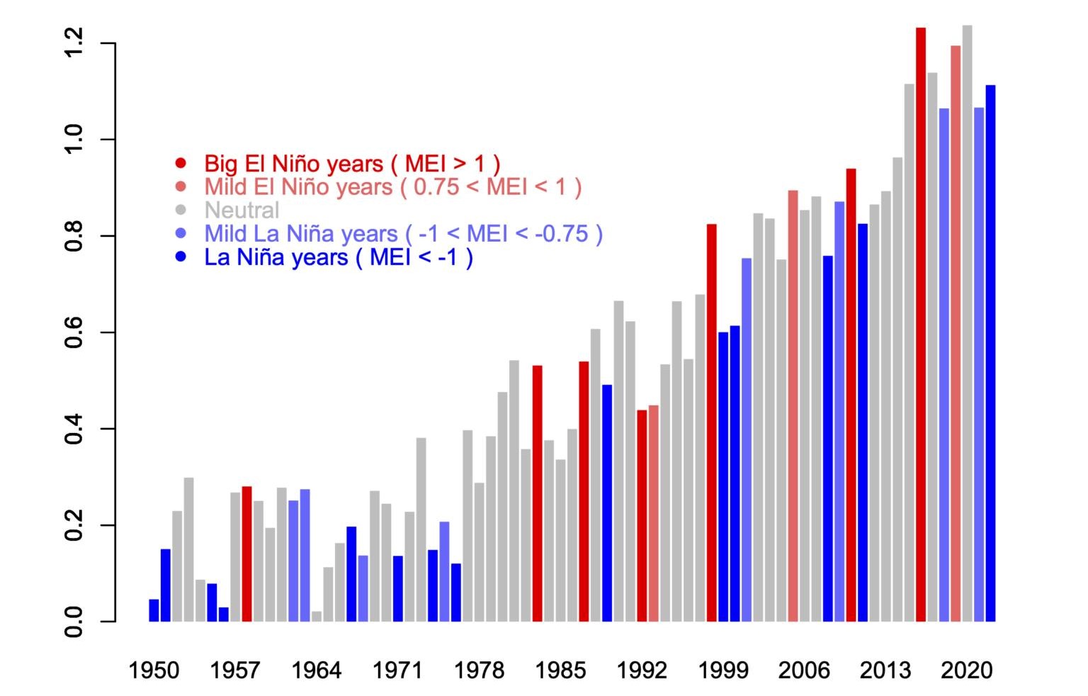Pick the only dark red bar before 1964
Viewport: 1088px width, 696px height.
click(246, 554)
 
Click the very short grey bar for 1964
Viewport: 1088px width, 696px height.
click(317, 617)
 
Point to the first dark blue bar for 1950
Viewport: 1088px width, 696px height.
click(154, 610)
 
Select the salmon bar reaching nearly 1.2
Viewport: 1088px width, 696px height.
click(956, 333)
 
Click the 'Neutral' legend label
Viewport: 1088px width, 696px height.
click(242, 211)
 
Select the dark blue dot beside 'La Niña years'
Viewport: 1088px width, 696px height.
click(181, 257)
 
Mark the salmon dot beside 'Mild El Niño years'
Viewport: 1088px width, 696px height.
click(181, 187)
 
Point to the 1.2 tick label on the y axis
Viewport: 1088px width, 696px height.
click(74, 43)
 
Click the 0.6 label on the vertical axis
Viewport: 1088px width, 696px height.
click(74, 332)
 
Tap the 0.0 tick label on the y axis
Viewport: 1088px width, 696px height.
click(74, 622)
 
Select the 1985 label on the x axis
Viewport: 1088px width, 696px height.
click(560, 670)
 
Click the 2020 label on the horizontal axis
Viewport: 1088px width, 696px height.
click(967, 670)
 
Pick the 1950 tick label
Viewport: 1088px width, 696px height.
click(154, 670)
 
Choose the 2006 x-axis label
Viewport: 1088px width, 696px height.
click(804, 670)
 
